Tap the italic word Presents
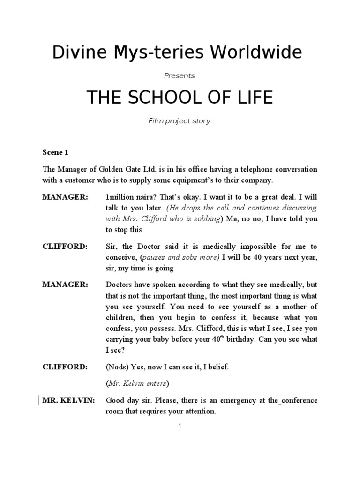180,75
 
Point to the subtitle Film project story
180,121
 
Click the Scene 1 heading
55,153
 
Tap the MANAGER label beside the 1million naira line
65,197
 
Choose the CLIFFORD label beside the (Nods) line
65,367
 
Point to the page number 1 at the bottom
180,426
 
